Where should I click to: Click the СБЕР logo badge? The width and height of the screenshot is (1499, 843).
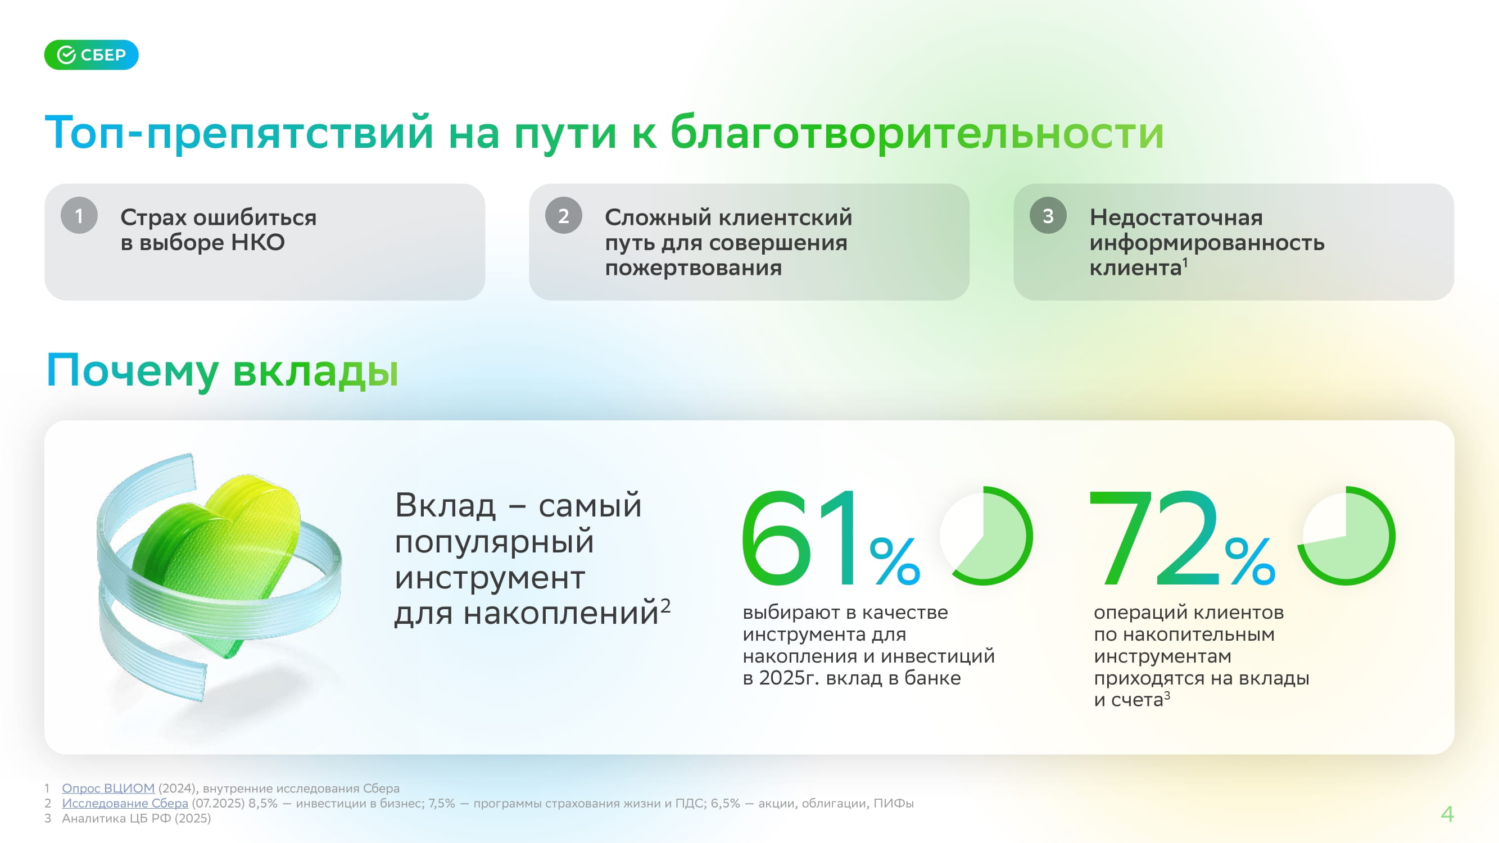click(x=92, y=55)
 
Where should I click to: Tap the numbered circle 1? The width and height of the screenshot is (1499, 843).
click(x=79, y=216)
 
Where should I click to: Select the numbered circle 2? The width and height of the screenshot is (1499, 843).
click(x=563, y=216)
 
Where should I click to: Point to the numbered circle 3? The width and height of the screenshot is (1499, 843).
click(x=1048, y=216)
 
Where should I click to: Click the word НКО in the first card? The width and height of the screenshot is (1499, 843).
click(x=258, y=242)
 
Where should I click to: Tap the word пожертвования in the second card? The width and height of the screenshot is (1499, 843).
click(x=693, y=268)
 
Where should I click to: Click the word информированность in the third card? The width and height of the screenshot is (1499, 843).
click(x=1207, y=243)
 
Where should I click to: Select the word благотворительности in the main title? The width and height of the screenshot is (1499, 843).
click(x=917, y=133)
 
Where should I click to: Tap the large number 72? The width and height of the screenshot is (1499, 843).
click(x=1153, y=538)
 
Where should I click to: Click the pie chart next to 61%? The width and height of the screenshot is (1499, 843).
click(x=986, y=536)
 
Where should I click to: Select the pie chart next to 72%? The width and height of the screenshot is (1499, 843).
click(x=1347, y=536)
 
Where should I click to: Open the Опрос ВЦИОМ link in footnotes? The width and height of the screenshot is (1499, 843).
click(x=108, y=788)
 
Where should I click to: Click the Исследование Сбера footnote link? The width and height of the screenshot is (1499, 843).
click(x=125, y=804)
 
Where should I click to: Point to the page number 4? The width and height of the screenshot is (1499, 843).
click(x=1447, y=813)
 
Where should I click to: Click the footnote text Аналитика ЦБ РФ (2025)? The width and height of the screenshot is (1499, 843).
click(x=137, y=819)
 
